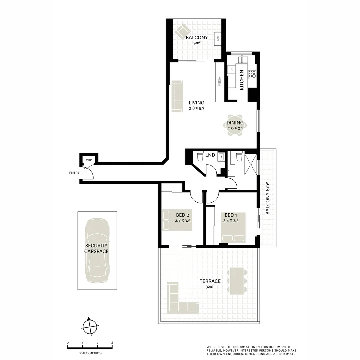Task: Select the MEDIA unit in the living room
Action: [220, 82]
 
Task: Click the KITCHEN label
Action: [242, 80]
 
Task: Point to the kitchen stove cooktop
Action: [252, 74]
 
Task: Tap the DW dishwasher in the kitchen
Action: [231, 69]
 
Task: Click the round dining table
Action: [235, 125]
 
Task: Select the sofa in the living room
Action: [177, 96]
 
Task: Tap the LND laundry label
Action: [210, 155]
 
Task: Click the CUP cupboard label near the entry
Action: [89, 160]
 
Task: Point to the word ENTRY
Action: [74, 173]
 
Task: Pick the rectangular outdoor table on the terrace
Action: [237, 281]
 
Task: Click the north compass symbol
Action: [90, 327]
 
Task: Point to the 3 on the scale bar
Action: [112, 343]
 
